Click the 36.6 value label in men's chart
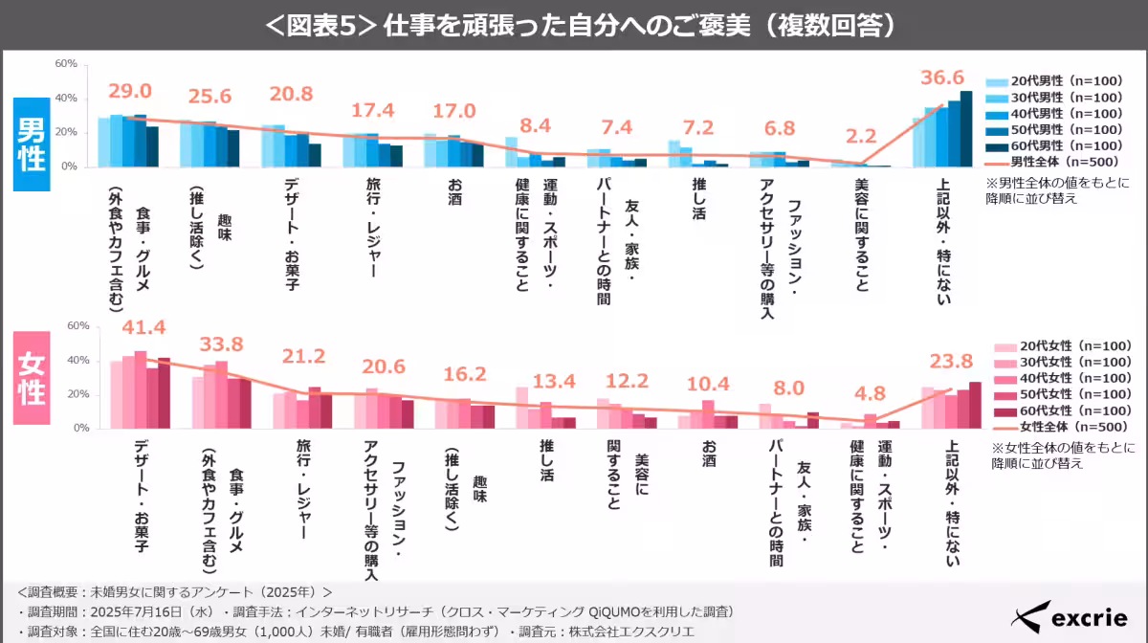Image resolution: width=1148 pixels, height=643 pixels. pos(941,78)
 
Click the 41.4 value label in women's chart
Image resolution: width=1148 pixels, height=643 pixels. pos(143,328)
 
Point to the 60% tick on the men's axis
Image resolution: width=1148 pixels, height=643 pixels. pos(65,64)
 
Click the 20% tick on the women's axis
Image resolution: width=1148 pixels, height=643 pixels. pos(77,394)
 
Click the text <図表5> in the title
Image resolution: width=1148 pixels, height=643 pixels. pos(321,25)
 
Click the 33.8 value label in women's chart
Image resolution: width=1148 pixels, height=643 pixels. pos(223,344)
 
